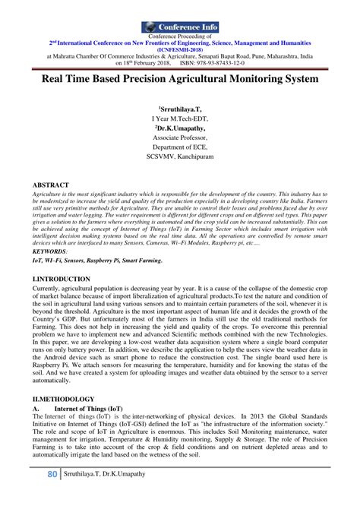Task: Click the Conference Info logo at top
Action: (x=180, y=27)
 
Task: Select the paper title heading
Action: (x=180, y=78)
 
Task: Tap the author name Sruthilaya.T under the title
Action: (x=180, y=109)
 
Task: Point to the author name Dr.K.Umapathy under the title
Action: (x=180, y=128)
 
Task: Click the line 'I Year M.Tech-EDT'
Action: (x=180, y=119)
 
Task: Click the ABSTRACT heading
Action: (x=51, y=185)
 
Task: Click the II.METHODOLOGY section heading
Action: (x=63, y=399)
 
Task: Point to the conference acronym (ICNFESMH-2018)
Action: (x=180, y=49)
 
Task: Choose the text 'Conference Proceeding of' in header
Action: (x=180, y=36)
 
